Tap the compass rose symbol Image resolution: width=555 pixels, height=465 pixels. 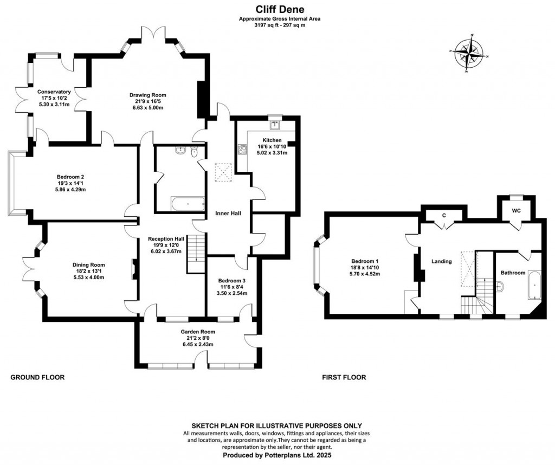(469, 53)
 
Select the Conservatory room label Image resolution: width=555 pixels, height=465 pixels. (54, 92)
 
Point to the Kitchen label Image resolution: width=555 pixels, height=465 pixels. (271, 140)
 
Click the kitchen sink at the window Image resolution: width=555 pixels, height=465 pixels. (275, 125)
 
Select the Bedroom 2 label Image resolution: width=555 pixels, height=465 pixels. (70, 176)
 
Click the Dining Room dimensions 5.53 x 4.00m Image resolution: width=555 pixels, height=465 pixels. (88, 277)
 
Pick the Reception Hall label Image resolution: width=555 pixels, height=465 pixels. (166, 238)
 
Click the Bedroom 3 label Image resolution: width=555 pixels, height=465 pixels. (233, 280)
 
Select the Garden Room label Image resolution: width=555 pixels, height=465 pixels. (198, 332)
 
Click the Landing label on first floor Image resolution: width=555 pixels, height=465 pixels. (441, 261)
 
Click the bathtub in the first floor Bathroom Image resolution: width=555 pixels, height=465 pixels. (534, 285)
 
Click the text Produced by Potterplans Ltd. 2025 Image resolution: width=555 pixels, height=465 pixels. (276, 456)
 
